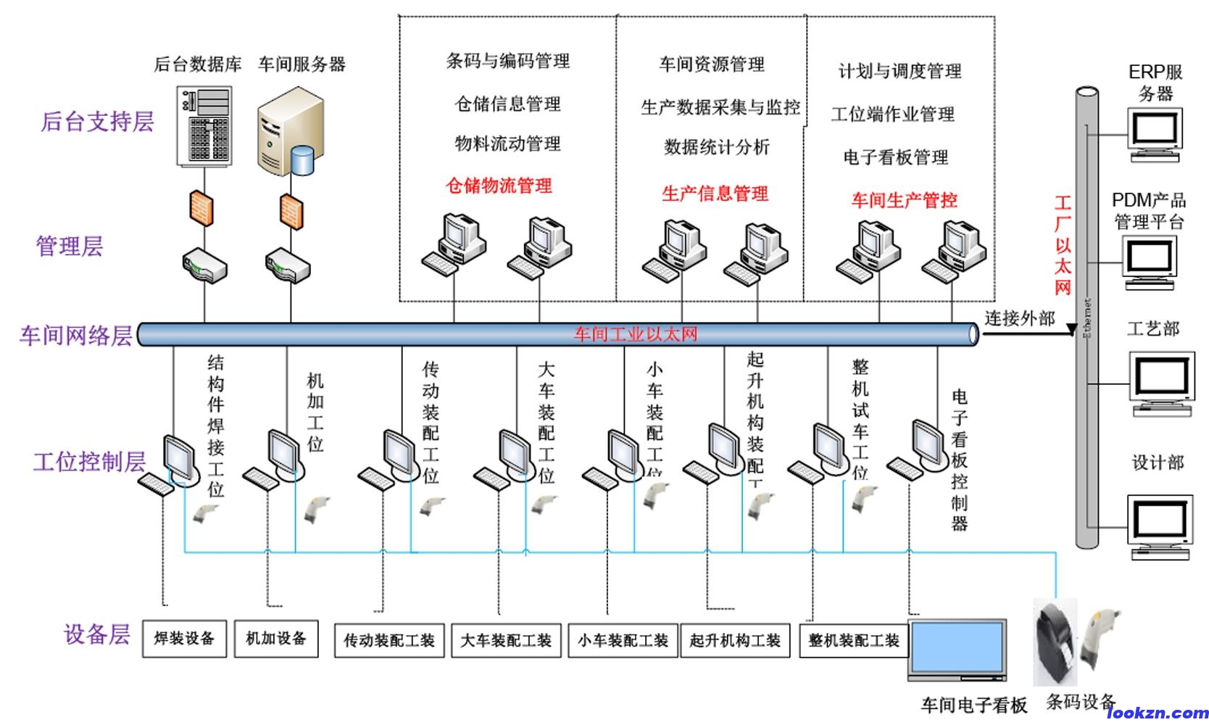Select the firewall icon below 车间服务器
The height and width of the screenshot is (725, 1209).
(x=291, y=210)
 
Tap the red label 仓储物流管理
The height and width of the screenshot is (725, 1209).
(x=499, y=186)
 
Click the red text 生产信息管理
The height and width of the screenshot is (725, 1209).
(x=715, y=194)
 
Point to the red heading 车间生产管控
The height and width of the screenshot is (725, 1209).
(x=904, y=200)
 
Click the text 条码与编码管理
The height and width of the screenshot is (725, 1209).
(x=508, y=61)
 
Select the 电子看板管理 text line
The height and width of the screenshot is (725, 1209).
(x=896, y=157)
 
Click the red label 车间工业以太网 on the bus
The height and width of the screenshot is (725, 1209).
(x=636, y=334)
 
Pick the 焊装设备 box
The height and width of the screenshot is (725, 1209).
(x=184, y=639)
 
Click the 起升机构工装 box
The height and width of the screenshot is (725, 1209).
(x=735, y=640)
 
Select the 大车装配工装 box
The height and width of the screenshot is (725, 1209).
(x=506, y=640)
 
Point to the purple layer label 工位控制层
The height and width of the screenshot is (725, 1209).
(x=89, y=462)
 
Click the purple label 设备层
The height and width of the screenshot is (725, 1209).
(x=96, y=634)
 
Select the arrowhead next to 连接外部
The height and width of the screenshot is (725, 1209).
(x=1071, y=331)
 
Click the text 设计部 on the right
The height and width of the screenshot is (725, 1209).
(x=1158, y=463)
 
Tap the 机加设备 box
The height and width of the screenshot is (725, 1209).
(x=276, y=639)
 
